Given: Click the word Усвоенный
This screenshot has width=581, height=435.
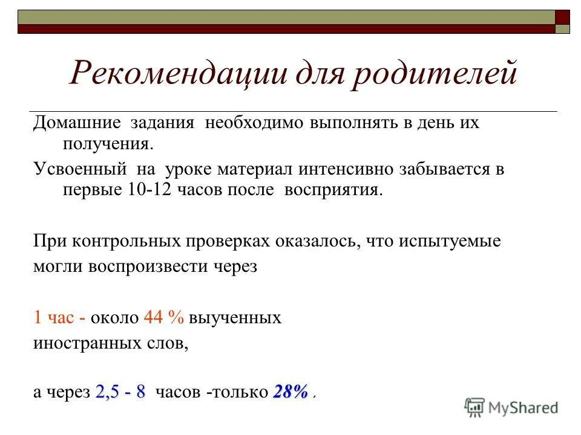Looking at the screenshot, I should pyautogui.click(x=79, y=169).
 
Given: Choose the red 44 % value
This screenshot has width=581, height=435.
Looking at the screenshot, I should pyautogui.click(x=163, y=318).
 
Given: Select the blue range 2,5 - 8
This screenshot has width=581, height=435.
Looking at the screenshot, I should pyautogui.click(x=120, y=392).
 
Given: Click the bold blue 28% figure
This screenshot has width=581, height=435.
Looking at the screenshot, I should pyautogui.click(x=291, y=392).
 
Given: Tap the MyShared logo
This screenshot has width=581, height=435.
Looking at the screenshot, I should pyautogui.click(x=511, y=408).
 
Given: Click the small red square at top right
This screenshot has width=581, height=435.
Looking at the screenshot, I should pyautogui.click(x=563, y=16).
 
